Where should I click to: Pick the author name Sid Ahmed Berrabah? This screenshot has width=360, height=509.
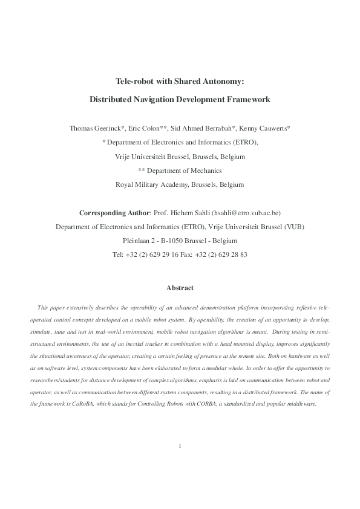[x=202, y=128]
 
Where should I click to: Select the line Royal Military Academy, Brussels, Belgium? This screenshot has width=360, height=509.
[x=180, y=184]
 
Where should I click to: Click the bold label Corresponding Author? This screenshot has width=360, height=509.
[x=113, y=213]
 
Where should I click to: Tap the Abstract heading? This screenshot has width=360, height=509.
[x=180, y=288]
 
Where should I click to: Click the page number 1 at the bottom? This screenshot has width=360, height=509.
[x=180, y=480]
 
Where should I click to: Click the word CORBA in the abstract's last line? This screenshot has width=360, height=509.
[x=201, y=386]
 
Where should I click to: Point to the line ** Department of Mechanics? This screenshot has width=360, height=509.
[x=180, y=170]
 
